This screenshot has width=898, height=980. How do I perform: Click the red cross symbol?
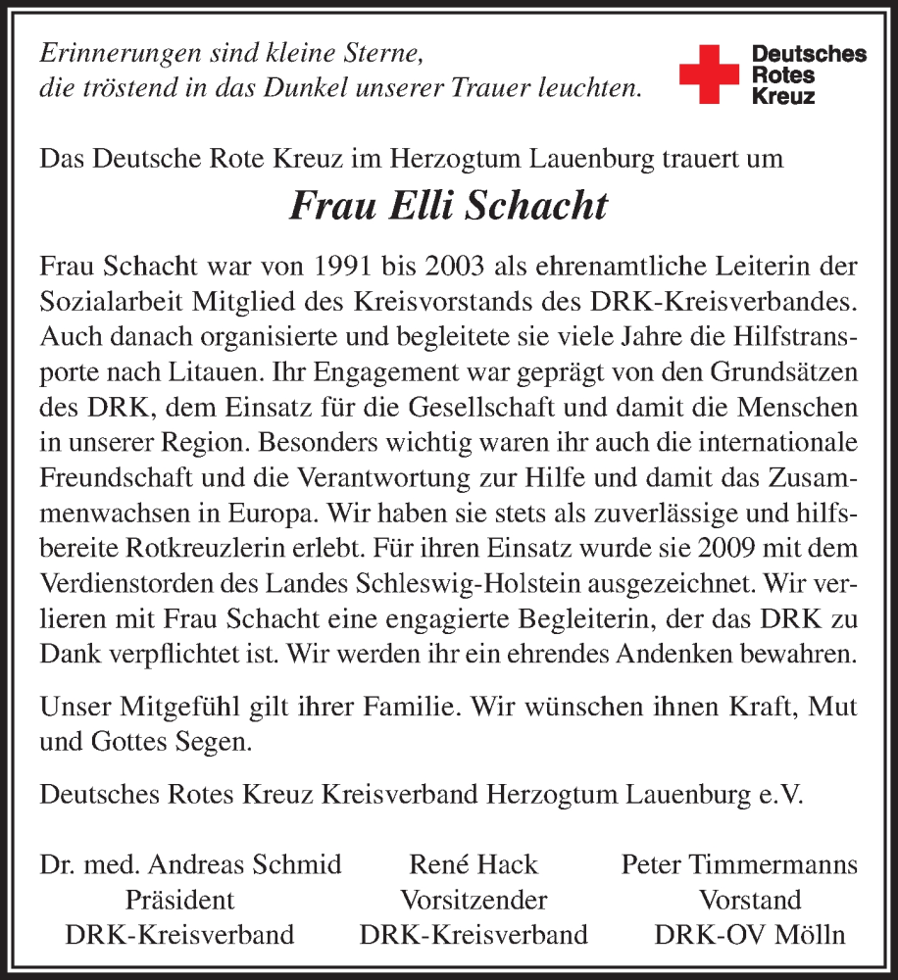tap(709, 73)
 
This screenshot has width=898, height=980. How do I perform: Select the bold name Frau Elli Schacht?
tap(448, 207)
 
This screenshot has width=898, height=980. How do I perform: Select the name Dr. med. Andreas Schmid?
tap(191, 864)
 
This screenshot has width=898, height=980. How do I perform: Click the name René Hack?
tap(474, 864)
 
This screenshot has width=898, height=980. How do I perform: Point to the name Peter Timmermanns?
tap(740, 864)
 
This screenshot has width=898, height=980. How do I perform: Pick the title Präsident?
tap(179, 900)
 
